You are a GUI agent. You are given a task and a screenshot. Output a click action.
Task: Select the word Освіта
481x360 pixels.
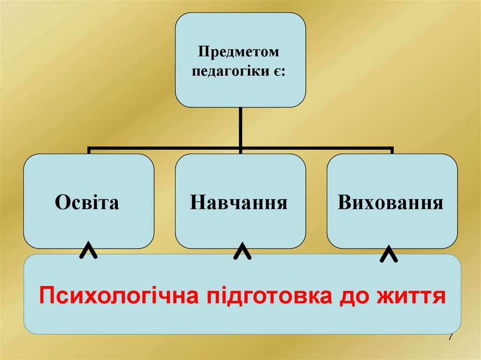[x=87, y=202]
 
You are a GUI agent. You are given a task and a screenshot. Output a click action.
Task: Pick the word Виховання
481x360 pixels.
[x=390, y=203]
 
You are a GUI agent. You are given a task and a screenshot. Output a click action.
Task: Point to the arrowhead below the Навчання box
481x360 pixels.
[x=241, y=252]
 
